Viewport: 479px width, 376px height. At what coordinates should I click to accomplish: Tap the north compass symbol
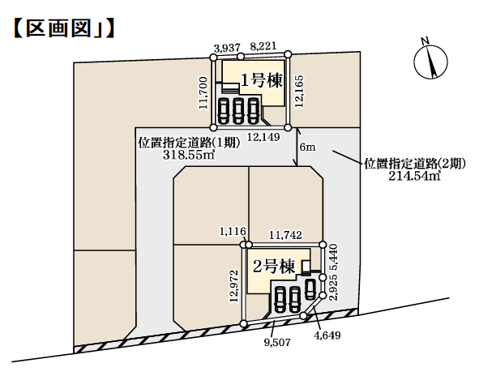[x=430, y=60]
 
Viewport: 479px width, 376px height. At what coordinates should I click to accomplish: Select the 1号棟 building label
[x=262, y=81]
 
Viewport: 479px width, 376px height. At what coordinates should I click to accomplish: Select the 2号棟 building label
[x=274, y=267]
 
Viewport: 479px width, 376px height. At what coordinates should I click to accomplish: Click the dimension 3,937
[x=227, y=48]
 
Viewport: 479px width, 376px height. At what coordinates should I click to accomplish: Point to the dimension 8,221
[x=263, y=46]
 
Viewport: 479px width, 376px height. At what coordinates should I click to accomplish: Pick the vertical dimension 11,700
[x=203, y=93]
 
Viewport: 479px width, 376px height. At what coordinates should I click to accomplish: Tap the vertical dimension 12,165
[x=299, y=92]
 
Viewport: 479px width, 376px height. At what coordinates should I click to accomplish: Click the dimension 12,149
[x=263, y=137]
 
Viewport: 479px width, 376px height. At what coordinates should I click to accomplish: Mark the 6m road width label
[x=308, y=147]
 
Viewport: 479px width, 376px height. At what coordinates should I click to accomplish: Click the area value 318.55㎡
[x=189, y=155]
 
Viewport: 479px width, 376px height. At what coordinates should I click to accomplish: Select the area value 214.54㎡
[x=414, y=176]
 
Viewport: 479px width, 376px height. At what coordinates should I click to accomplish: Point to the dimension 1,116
[x=233, y=231]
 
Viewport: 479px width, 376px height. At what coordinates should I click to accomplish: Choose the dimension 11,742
[x=285, y=235]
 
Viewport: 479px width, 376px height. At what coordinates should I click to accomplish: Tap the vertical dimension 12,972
[x=234, y=286]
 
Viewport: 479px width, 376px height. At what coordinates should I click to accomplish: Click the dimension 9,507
[x=277, y=343]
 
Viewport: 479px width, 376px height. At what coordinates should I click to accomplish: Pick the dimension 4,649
[x=327, y=335]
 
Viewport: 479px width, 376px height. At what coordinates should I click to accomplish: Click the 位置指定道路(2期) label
[x=415, y=164]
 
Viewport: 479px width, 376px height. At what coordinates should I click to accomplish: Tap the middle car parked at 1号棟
[x=238, y=110]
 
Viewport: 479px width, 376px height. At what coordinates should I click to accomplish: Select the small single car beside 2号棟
[x=310, y=289]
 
